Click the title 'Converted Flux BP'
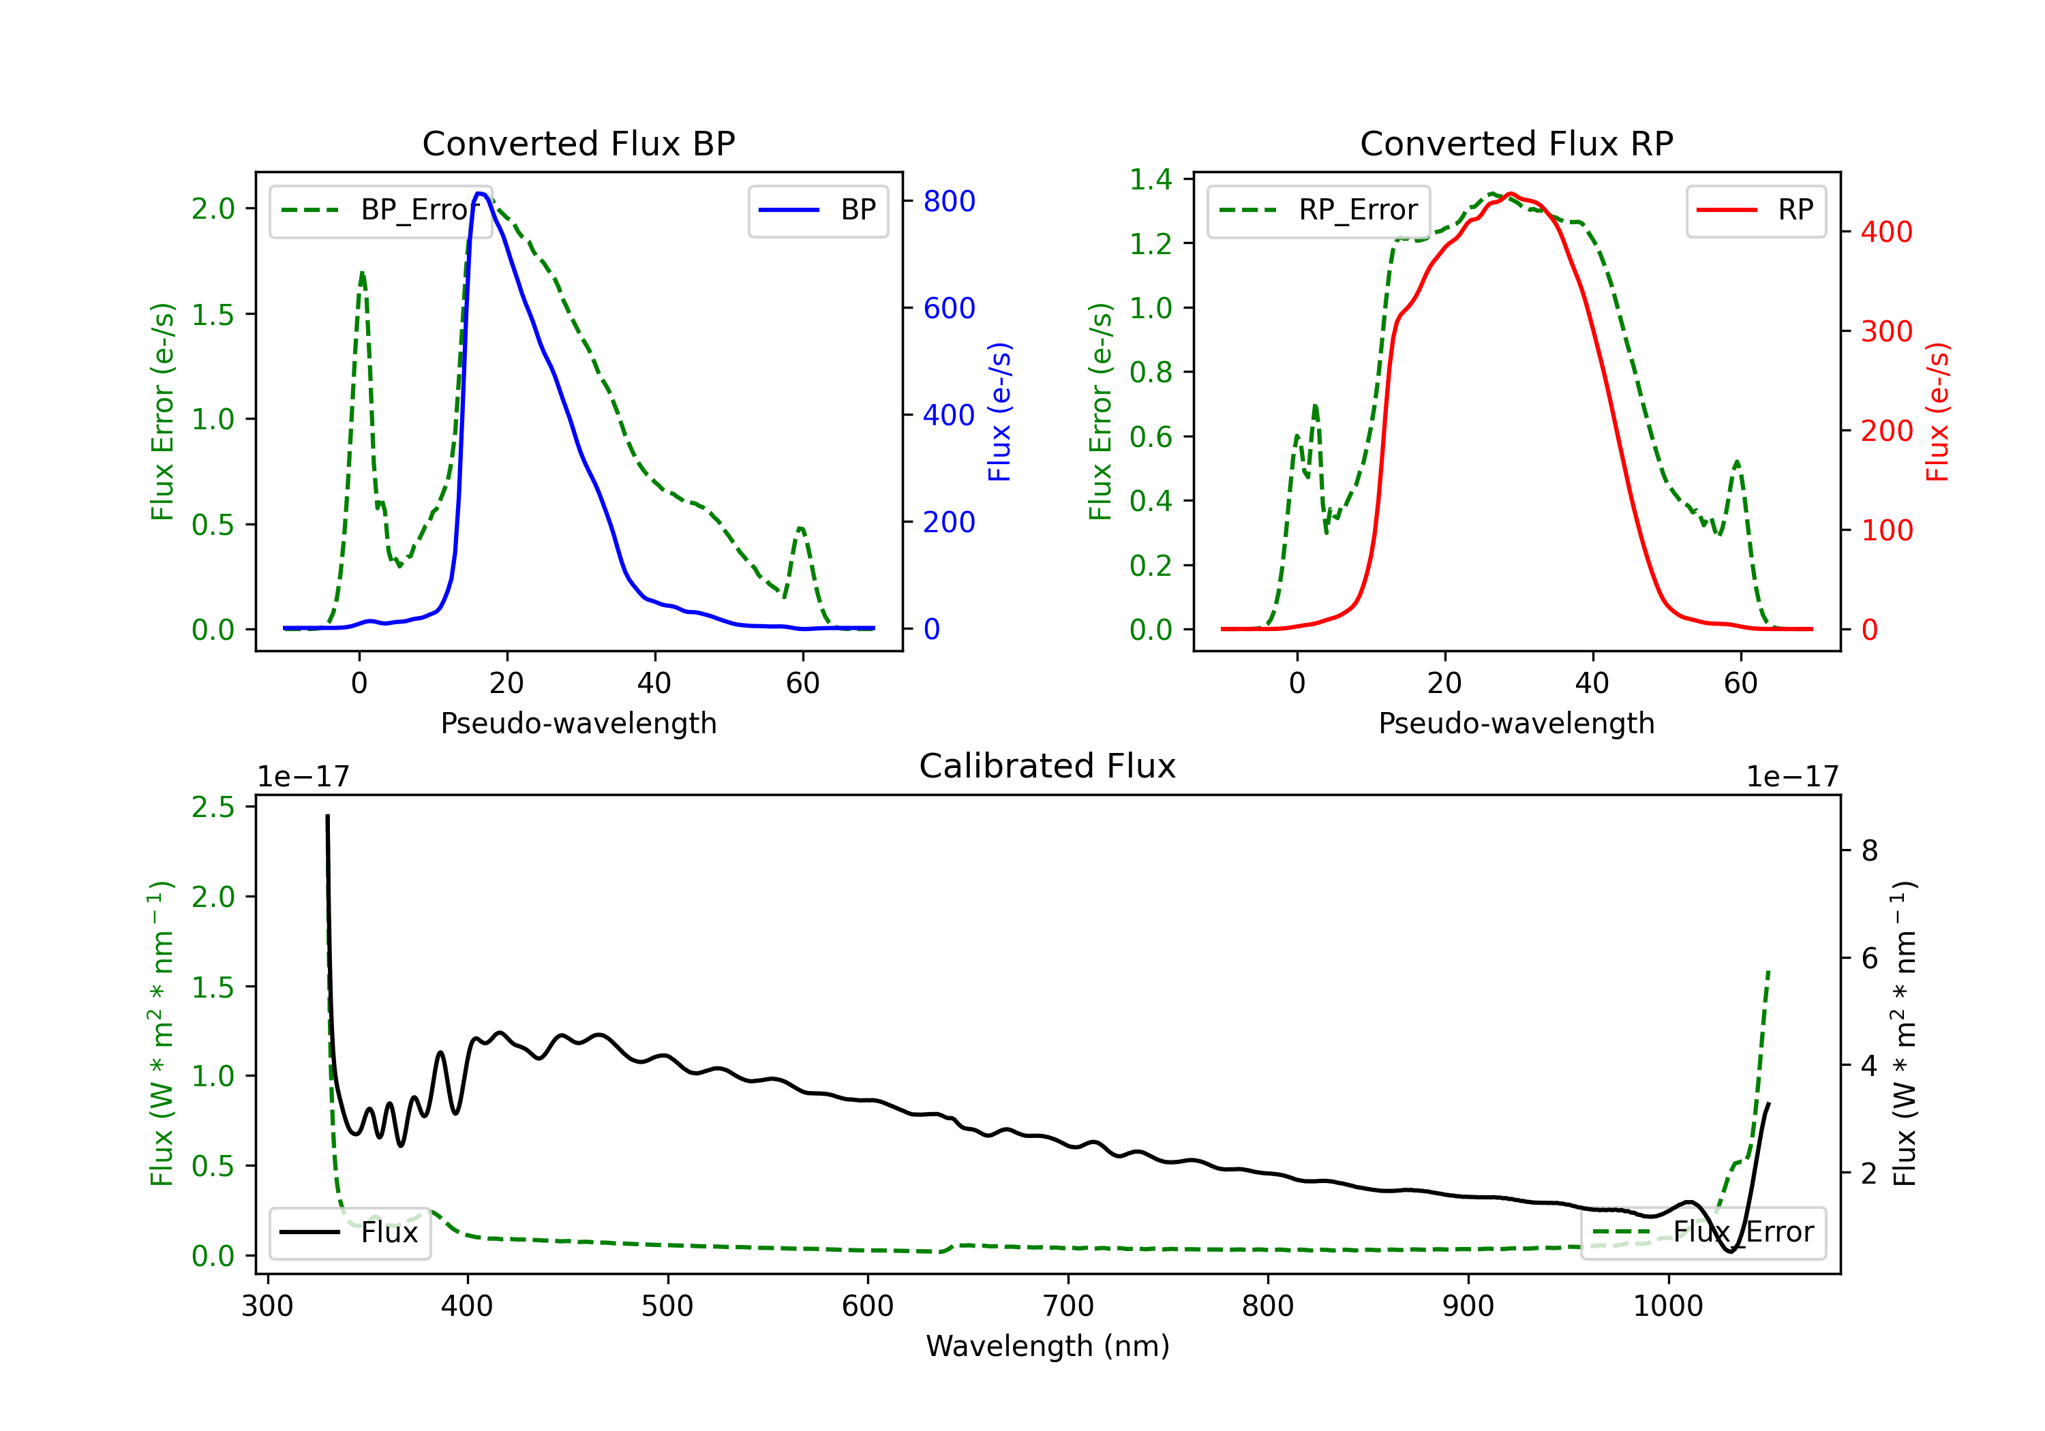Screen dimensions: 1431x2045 click(x=578, y=143)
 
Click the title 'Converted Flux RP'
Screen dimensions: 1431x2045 click(x=1516, y=143)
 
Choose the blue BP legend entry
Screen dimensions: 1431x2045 click(x=817, y=210)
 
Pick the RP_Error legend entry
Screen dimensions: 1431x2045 click(x=1318, y=210)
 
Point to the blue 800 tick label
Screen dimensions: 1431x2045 click(x=949, y=201)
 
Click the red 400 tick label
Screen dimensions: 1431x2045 click(x=1886, y=232)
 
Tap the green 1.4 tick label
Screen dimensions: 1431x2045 click(x=1150, y=180)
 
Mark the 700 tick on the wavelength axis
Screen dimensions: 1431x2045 click(x=1068, y=1306)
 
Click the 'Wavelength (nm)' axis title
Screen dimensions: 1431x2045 click(x=1048, y=1346)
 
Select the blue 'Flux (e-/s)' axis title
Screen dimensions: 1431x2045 click(x=999, y=412)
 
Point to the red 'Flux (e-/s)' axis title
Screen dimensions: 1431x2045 click(x=1937, y=412)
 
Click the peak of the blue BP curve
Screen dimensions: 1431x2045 click(x=480, y=194)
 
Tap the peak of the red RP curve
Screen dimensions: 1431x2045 click(x=1511, y=194)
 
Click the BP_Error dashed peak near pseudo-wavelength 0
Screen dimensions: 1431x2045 click(x=361, y=273)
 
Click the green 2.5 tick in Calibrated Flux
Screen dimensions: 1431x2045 click(x=213, y=807)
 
